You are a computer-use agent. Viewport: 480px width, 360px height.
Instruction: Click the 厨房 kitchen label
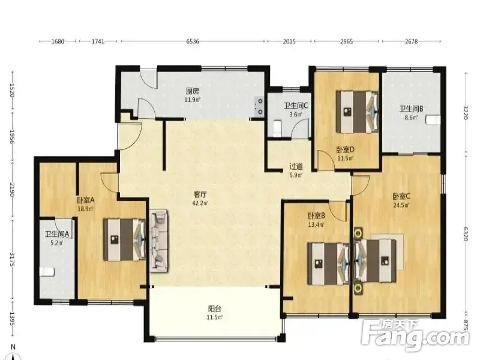click(x=193, y=91)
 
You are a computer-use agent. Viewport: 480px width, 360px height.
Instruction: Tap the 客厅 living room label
click(x=200, y=194)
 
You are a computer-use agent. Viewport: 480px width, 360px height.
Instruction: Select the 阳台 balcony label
click(x=215, y=308)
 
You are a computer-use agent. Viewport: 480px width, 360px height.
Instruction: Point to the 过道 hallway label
click(x=296, y=167)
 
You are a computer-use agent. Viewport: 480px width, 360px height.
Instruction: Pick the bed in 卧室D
click(x=357, y=112)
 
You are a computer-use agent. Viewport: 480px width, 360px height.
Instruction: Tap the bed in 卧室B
click(x=328, y=264)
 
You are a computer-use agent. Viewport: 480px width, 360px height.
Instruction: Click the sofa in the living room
click(x=158, y=241)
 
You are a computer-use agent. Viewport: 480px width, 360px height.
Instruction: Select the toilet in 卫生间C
click(x=277, y=128)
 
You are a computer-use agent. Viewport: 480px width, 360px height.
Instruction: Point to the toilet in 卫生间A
click(x=47, y=272)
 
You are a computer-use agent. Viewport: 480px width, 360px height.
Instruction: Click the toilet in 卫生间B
click(x=433, y=119)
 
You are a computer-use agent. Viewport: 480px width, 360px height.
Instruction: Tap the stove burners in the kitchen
click(x=260, y=106)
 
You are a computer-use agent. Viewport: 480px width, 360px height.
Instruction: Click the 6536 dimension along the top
click(x=193, y=41)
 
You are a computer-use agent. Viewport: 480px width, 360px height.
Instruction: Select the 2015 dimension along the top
click(x=289, y=41)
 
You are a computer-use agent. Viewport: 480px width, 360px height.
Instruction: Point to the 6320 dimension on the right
click(x=466, y=234)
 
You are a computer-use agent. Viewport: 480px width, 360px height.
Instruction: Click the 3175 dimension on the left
click(x=12, y=259)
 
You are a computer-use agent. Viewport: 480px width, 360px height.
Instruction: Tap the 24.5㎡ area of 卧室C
click(x=401, y=205)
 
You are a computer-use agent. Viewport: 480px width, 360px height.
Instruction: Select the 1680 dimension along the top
click(x=57, y=41)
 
